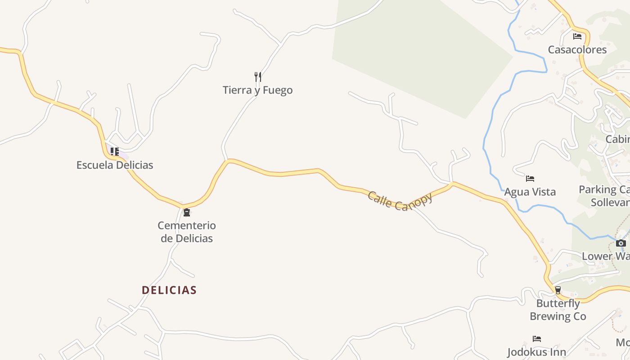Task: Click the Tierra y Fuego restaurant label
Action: (257, 90)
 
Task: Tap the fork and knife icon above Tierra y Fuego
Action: (258, 77)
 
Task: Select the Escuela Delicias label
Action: (115, 165)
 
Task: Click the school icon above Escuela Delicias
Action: (115, 152)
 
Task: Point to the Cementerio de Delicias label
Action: (187, 232)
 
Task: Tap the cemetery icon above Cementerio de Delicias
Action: (186, 212)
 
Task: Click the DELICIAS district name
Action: (169, 290)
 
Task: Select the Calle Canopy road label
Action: (400, 201)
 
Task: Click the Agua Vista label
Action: (530, 192)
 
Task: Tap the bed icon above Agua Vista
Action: (530, 179)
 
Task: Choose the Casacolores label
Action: (577, 49)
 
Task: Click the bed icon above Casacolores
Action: (577, 36)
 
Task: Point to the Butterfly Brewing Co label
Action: (558, 310)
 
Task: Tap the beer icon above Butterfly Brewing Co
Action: (558, 290)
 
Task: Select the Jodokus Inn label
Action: (536, 352)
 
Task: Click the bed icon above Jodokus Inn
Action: (536, 338)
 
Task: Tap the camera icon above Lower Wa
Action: (621, 243)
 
